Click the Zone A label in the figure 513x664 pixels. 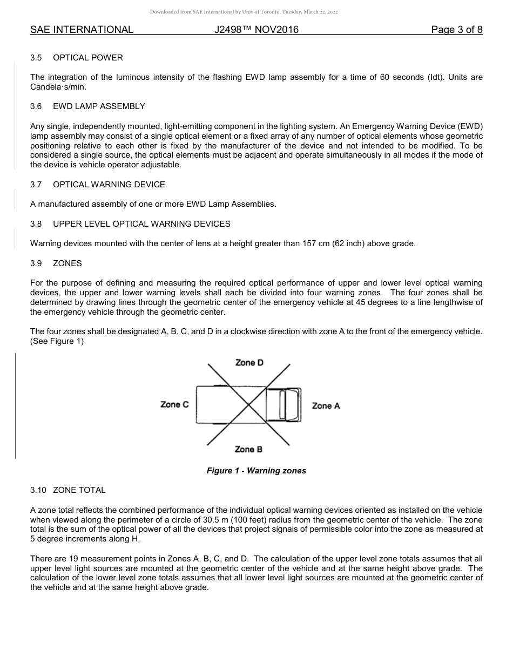point(326,406)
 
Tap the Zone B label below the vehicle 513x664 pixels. point(248,449)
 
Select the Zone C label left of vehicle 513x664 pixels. point(174,404)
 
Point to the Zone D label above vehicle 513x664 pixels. point(249,363)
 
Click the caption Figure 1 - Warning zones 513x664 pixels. point(256,471)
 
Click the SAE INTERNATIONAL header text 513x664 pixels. point(82,30)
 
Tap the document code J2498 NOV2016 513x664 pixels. point(256,30)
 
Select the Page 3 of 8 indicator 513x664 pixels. point(456,30)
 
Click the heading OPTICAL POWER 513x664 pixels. point(88,58)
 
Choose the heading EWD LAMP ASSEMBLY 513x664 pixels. point(99,106)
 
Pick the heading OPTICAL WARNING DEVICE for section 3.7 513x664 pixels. point(109,185)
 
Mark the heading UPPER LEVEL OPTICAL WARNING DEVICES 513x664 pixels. point(141,223)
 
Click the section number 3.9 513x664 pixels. point(37,263)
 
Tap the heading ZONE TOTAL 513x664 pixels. point(79,490)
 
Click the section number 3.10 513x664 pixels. point(38,490)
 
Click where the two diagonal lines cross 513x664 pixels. point(249,404)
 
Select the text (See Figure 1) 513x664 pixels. point(57,341)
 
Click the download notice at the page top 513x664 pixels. point(244,12)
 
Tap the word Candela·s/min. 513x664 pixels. point(58,87)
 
